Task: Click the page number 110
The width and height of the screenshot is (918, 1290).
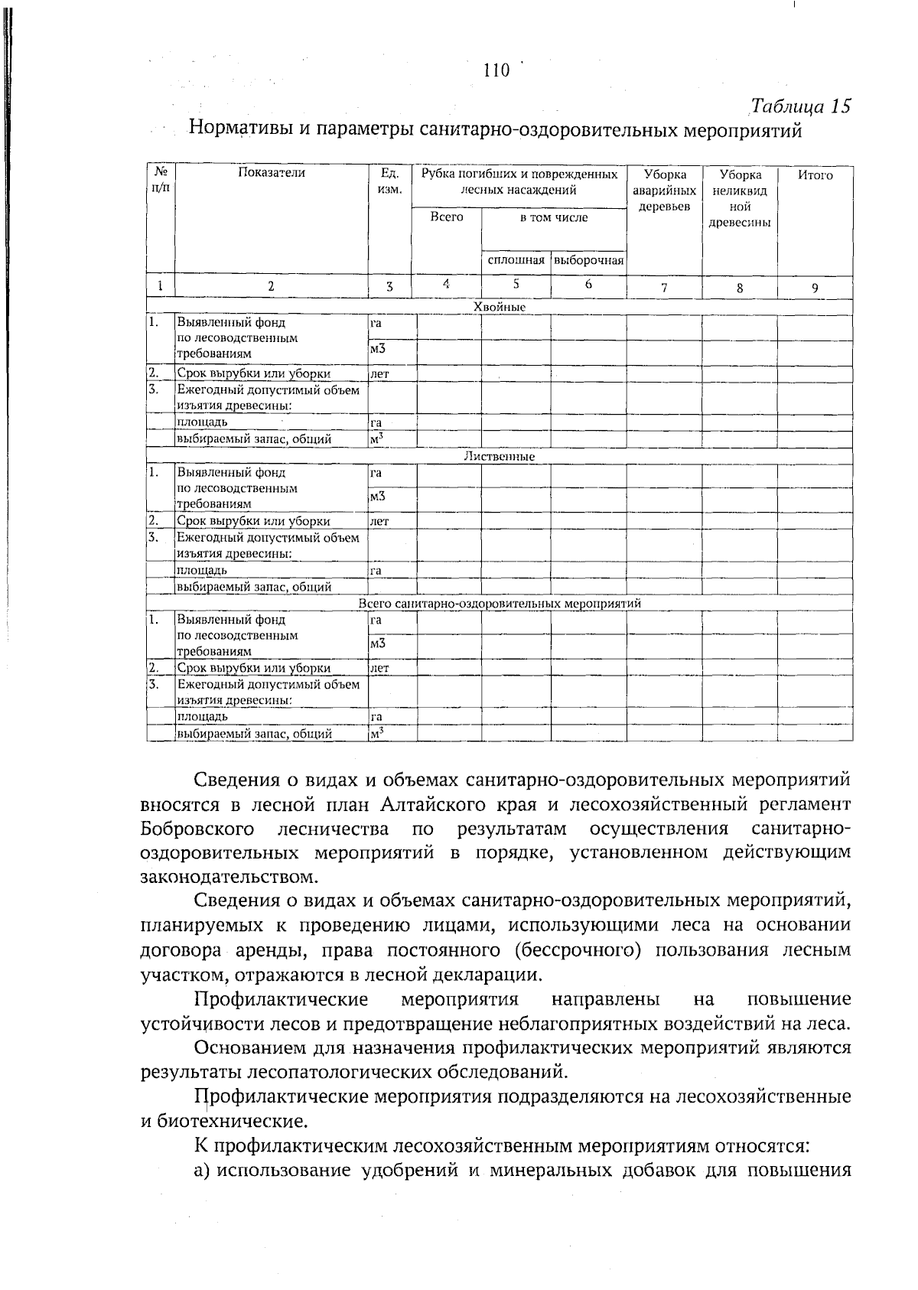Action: point(496,71)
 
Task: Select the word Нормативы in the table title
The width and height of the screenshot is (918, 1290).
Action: point(238,129)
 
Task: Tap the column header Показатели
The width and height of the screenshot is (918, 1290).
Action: point(271,174)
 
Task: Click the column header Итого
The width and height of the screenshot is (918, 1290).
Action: point(815,175)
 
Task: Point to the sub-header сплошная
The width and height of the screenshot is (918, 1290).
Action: point(516,261)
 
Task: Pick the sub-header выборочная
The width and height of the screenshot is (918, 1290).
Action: point(588,261)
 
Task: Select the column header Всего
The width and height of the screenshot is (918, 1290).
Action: point(447,217)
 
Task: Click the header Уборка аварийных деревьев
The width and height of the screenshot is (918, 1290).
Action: point(664,191)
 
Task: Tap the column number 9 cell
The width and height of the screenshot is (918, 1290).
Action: point(815,288)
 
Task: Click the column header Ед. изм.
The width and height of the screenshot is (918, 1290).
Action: point(390,181)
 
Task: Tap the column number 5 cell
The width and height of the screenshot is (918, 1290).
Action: point(516,284)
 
